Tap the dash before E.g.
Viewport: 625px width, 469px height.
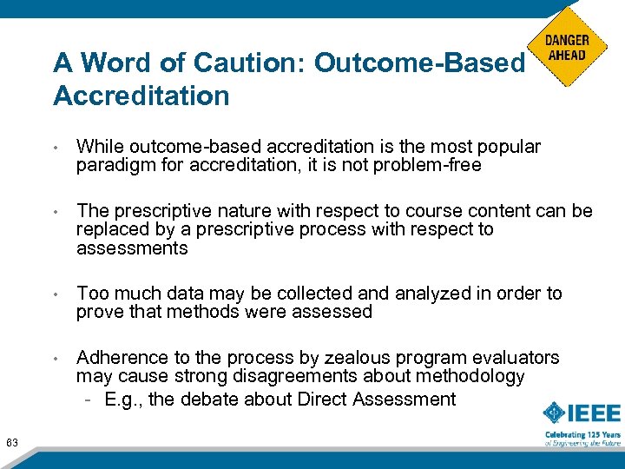pyautogui.click(x=89, y=400)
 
